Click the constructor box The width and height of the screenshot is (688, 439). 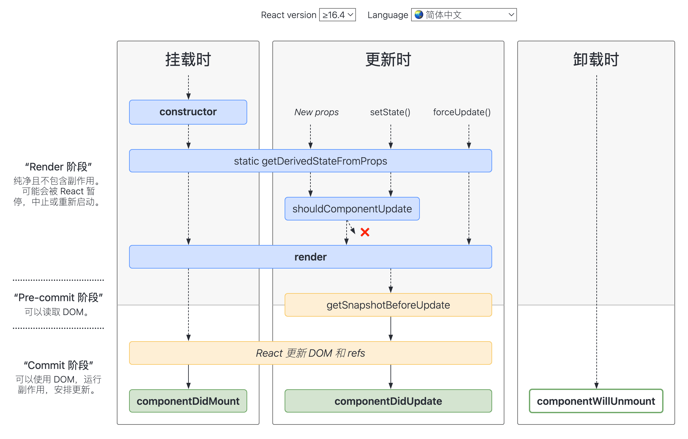(x=188, y=112)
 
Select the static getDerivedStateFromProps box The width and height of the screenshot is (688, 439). (x=310, y=161)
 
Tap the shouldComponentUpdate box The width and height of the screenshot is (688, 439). (x=352, y=209)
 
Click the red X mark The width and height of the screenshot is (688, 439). (x=365, y=232)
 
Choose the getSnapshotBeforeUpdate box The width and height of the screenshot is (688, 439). (x=388, y=305)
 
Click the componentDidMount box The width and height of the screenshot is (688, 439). (x=188, y=401)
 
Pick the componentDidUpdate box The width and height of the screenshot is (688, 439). (x=388, y=401)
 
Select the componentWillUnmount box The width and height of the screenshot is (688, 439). (x=596, y=401)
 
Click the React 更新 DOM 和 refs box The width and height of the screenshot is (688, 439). (x=310, y=353)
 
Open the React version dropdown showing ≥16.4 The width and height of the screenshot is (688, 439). (x=337, y=15)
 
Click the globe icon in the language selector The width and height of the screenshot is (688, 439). (x=419, y=15)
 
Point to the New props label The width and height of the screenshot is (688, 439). (x=317, y=112)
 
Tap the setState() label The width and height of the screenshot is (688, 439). (x=390, y=112)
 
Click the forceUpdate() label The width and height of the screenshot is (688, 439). (x=462, y=112)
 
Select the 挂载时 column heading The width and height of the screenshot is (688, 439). (x=188, y=60)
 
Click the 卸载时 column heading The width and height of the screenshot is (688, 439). (x=596, y=60)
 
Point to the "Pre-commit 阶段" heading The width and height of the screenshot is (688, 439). (x=58, y=297)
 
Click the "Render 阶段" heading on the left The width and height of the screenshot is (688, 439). (x=58, y=167)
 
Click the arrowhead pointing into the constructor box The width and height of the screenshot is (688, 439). (x=188, y=96)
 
